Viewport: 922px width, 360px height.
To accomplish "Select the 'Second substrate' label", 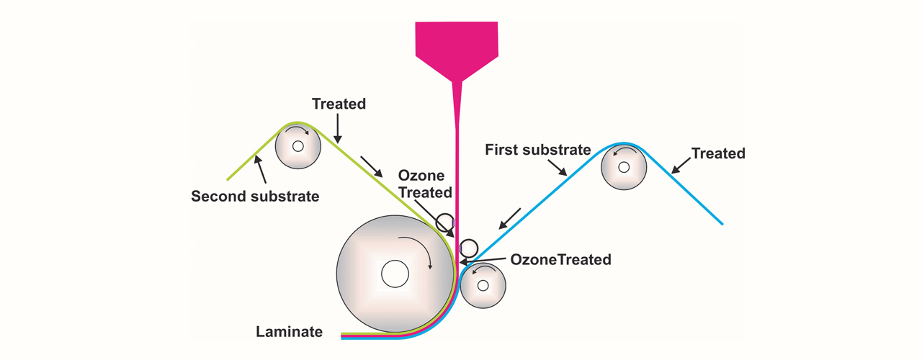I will [255, 195].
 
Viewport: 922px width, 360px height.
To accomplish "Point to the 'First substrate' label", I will [537, 150].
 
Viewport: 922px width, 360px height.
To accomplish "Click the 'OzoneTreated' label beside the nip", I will [560, 259].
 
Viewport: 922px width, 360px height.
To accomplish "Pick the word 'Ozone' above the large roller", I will [421, 176].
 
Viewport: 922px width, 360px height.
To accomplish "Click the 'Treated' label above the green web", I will [339, 104].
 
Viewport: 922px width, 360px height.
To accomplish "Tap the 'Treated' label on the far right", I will [718, 153].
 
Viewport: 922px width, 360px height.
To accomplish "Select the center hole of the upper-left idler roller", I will [297, 146].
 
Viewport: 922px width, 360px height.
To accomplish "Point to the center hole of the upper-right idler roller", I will [624, 167].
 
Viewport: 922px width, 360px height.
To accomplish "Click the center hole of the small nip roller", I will [483, 285].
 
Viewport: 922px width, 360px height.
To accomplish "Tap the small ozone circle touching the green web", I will [445, 222].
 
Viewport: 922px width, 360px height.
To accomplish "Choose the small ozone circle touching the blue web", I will [469, 248].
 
